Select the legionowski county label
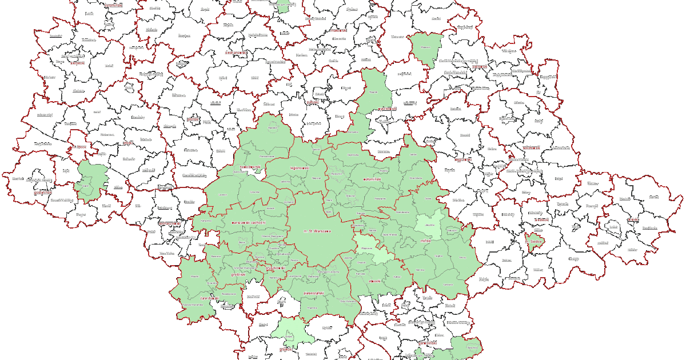[300, 168]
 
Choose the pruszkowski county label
[276, 267]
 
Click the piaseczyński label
[314, 293]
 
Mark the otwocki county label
[375, 281]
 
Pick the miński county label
[425, 241]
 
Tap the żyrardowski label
[210, 298]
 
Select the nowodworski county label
[250, 167]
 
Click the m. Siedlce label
[534, 241]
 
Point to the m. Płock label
[78, 147]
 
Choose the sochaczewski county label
[169, 223]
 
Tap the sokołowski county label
[531, 147]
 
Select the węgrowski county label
[462, 159]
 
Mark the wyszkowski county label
[387, 108]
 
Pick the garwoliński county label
[427, 343]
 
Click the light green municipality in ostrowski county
[426, 49]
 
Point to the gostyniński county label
[43, 193]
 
